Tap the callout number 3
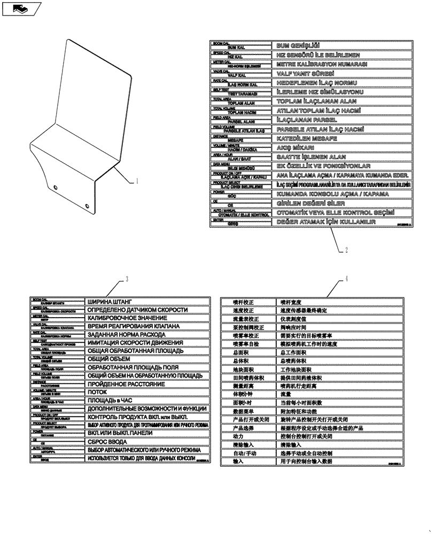127,278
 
